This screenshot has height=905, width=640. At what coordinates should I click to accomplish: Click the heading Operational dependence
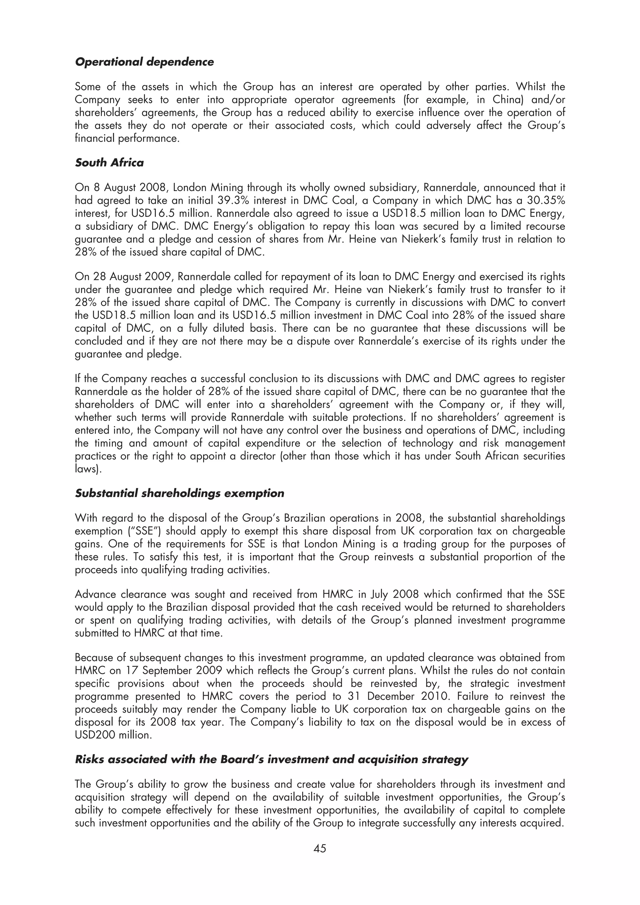tap(144, 62)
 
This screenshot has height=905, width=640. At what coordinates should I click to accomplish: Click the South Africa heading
tap(109, 163)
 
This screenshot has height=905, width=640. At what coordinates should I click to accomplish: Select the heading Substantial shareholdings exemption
tap(179, 493)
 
